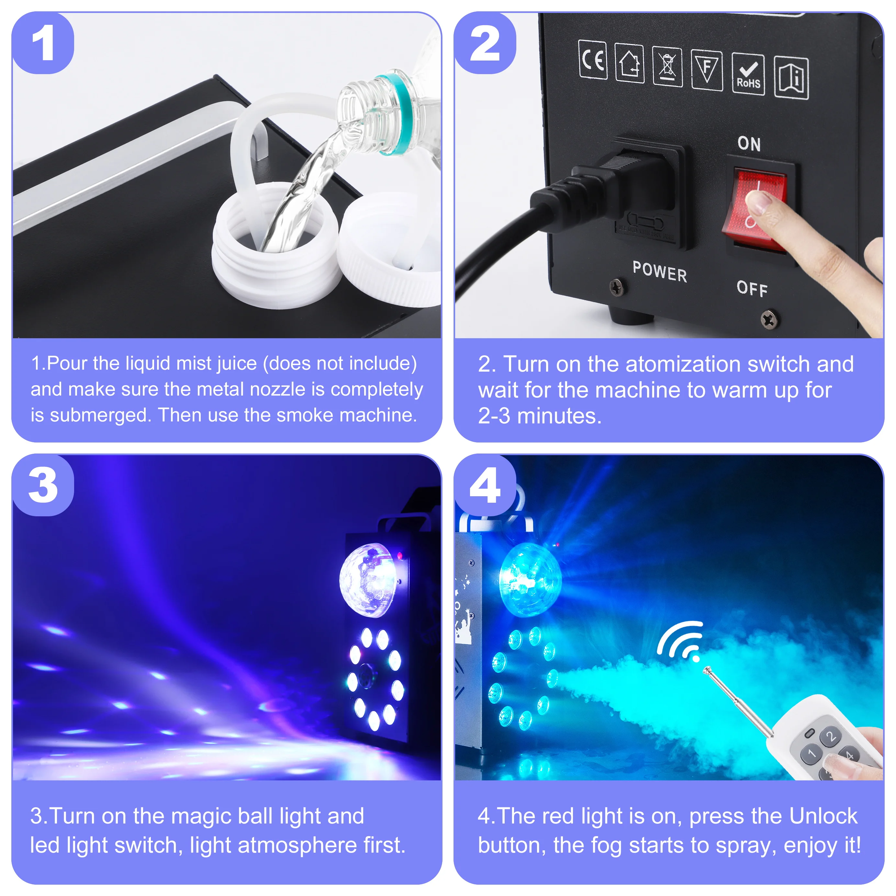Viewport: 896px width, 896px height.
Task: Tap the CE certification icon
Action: pos(593,60)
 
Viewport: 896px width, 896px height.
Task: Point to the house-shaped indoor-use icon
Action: pos(629,63)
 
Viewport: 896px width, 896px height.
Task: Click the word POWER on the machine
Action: pos(659,272)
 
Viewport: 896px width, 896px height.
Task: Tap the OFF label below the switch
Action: pos(752,288)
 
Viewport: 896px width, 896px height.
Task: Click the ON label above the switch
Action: pos(749,144)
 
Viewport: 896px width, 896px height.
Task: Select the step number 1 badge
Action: pos(43,44)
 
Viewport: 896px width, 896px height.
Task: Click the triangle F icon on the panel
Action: pos(707,70)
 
